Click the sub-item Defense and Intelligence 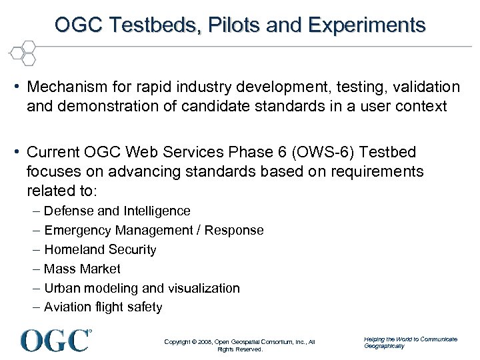click(117, 211)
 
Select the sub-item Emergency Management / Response click(154, 231)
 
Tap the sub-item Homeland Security click(100, 250)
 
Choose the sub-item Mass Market click(82, 269)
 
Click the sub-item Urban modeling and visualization click(142, 289)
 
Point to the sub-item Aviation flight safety click(103, 307)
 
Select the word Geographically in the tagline click(384, 346)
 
